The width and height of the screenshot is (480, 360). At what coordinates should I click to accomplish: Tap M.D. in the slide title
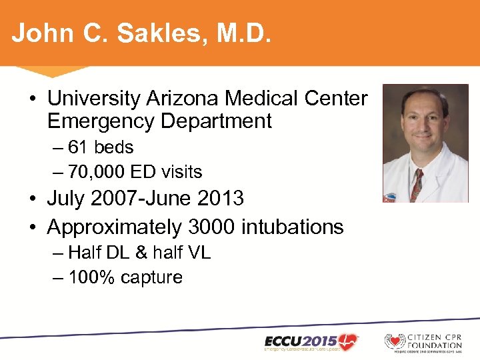241,33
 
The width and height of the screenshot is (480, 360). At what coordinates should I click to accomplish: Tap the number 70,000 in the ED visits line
97,172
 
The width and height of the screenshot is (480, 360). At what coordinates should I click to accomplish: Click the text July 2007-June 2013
145,199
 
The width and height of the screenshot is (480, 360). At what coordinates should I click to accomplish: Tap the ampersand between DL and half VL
139,253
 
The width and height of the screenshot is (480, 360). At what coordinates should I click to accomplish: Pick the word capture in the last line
152,277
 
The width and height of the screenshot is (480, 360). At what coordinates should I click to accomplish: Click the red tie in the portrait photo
417,183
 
